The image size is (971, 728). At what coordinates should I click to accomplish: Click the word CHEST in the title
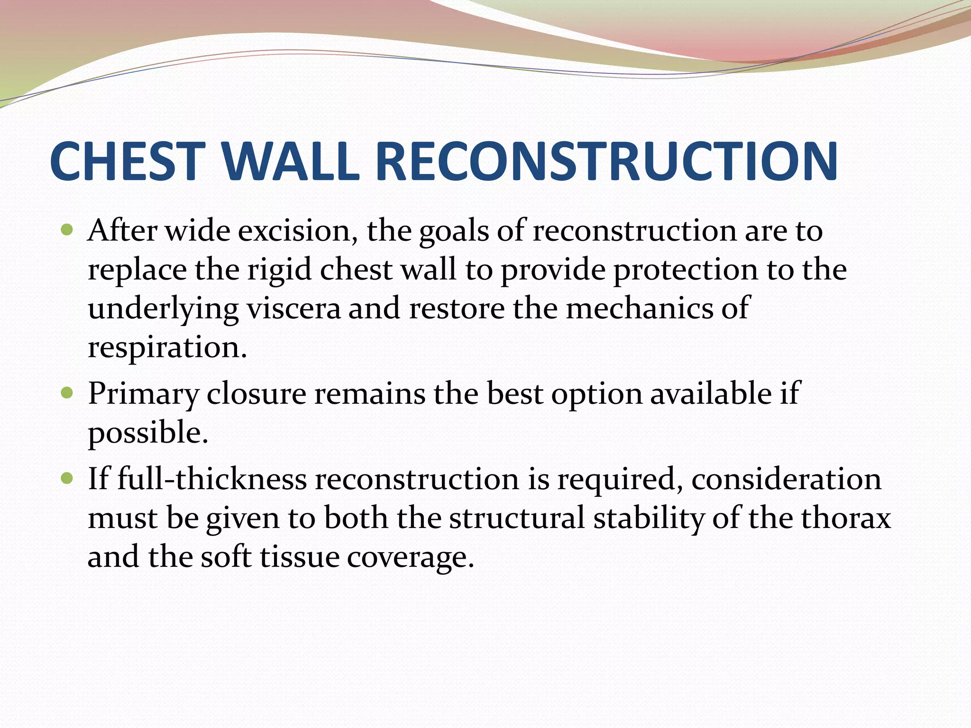pos(127,162)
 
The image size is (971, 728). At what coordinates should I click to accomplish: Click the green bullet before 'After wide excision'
pos(67,231)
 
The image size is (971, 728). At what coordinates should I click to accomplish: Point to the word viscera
pos(293,309)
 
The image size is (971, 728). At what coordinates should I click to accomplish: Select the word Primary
pos(144,394)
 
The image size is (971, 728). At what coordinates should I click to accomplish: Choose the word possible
pos(147,433)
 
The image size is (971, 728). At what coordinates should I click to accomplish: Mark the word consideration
pos(786,479)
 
